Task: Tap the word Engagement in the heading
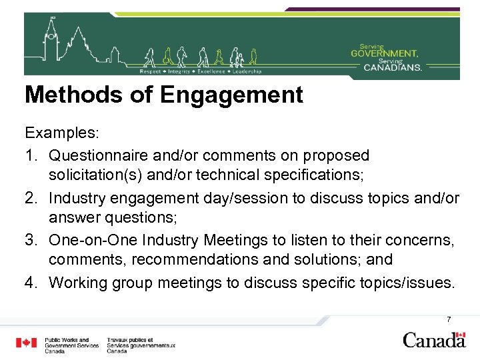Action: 231,95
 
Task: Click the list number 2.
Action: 31,198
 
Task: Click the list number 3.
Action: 31,240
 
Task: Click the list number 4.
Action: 31,283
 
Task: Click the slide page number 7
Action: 449,319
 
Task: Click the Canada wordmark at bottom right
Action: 433,339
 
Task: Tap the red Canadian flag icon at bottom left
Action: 27,343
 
